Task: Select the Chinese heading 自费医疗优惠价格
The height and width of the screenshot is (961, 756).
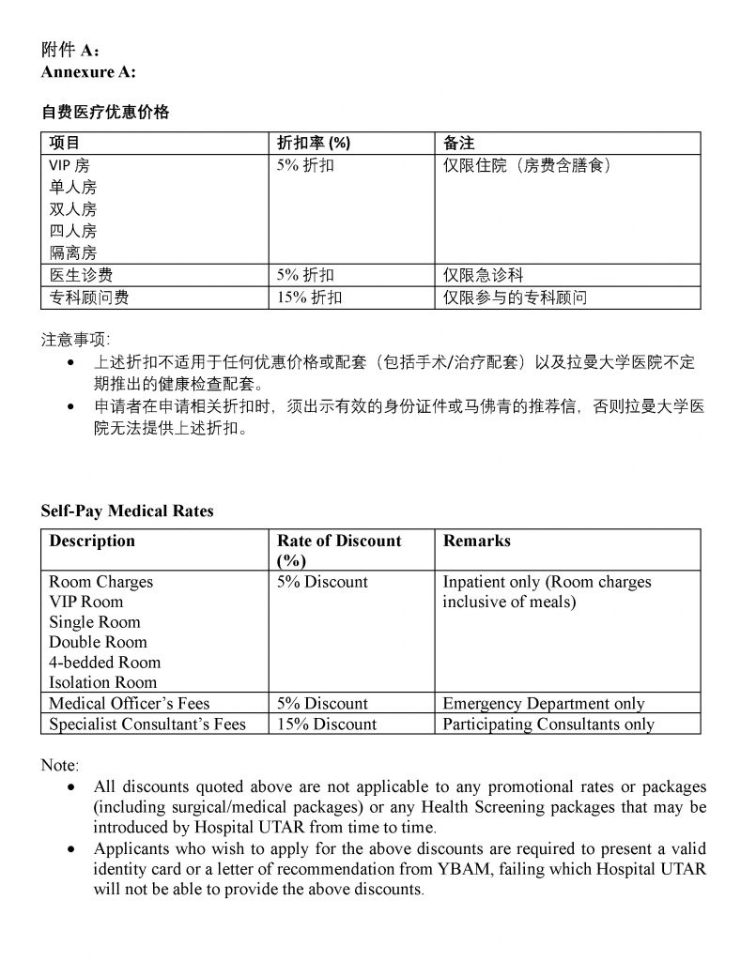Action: click(105, 112)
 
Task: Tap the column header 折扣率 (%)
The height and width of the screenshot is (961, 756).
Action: click(314, 144)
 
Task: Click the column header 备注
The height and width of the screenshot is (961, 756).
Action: click(458, 144)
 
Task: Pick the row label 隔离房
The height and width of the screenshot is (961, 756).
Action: click(72, 252)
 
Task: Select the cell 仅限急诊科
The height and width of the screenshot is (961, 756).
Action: click(483, 276)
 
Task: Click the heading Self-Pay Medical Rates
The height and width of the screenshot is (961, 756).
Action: click(127, 511)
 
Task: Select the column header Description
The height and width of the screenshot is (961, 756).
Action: click(92, 542)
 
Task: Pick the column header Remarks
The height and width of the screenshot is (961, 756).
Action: click(477, 542)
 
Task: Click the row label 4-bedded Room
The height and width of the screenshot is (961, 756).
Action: click(105, 663)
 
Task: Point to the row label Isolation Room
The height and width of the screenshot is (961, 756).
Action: click(103, 682)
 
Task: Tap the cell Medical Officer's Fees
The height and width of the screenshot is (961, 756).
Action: click(130, 703)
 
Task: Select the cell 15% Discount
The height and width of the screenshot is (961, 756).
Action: click(327, 724)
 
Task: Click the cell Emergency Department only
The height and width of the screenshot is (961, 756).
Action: click(544, 703)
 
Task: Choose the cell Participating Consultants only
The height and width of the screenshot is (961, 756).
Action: click(548, 724)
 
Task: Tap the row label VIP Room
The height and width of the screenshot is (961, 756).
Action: click(86, 602)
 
